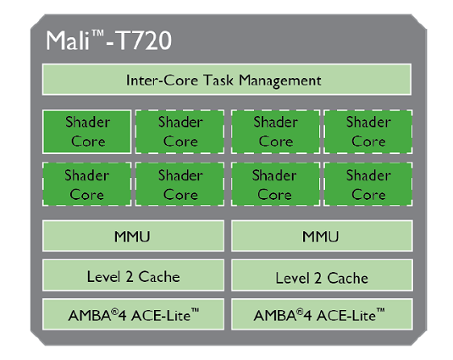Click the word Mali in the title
[x=68, y=41]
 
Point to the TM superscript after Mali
[x=98, y=33]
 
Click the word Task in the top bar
[x=218, y=80]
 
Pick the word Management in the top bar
[x=280, y=81]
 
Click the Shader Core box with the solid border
[x=86, y=131]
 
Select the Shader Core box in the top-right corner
[x=368, y=131]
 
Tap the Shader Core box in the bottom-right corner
[x=368, y=184]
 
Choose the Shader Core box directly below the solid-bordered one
[x=86, y=184]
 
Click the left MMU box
[x=133, y=235]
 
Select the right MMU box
[x=322, y=235]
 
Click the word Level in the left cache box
[x=103, y=277]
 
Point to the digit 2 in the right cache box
[x=318, y=278]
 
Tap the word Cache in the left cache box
[x=159, y=277]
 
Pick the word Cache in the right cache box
[x=348, y=278]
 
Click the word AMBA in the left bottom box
[x=90, y=315]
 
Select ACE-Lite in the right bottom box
[x=345, y=315]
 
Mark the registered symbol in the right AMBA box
[x=300, y=312]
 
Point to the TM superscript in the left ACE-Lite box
[x=195, y=311]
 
